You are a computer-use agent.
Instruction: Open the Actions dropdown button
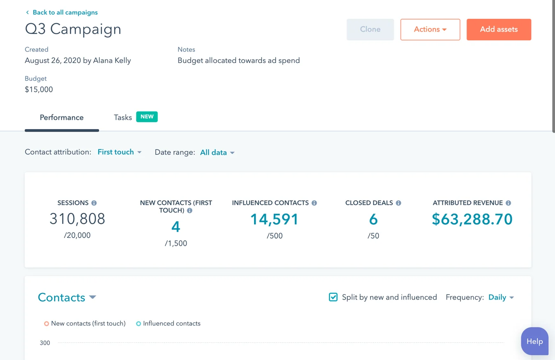coord(430,29)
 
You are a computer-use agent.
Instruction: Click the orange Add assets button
coord(499,29)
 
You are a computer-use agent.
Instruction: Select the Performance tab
coord(62,118)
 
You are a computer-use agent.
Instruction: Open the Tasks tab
coord(123,118)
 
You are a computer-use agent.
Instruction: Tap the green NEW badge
coord(147,117)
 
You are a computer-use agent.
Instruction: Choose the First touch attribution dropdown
coord(119,152)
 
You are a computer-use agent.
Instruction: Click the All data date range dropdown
coord(217,153)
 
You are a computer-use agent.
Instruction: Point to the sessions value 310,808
coord(77,219)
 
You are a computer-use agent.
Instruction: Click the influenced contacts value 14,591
coord(274,219)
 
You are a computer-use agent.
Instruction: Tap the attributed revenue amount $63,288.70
coord(472,219)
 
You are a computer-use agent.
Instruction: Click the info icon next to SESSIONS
coord(94,203)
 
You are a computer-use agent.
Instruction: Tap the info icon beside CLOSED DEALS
coord(398,203)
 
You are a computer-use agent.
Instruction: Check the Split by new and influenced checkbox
coord(333,297)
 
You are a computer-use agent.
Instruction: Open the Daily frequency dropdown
coord(501,297)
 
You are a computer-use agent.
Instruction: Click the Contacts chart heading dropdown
coord(67,297)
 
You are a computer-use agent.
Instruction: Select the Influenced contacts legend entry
coord(168,323)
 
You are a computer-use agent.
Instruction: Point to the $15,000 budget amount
coord(39,90)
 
